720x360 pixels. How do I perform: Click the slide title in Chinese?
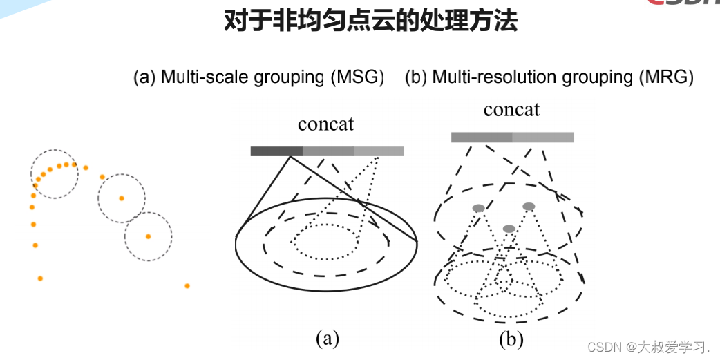point(370,21)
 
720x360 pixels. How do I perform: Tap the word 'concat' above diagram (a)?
point(325,124)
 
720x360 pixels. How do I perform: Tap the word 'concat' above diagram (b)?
point(511,110)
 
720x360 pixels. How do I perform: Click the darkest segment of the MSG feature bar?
point(276,151)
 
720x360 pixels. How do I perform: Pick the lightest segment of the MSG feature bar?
point(379,151)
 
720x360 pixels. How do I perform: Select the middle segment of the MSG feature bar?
point(328,151)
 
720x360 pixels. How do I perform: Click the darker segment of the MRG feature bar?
point(482,138)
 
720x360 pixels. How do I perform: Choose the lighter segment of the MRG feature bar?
point(543,138)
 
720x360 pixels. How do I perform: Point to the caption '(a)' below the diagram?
point(327,338)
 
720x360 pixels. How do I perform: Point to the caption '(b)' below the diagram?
point(511,339)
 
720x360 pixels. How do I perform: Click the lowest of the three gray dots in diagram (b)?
point(509,229)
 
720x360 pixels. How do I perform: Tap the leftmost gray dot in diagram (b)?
point(478,208)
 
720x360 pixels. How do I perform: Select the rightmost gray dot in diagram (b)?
point(529,206)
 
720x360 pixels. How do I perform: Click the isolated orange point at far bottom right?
point(187,285)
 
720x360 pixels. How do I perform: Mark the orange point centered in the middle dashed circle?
point(122,198)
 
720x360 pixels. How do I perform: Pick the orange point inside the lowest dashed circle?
point(148,236)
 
